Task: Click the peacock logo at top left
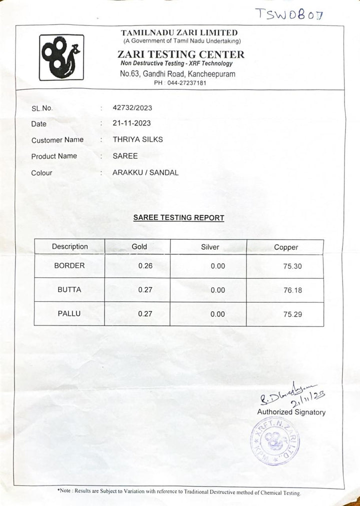click(x=61, y=57)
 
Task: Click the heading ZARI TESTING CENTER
click(x=180, y=54)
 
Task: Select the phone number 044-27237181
click(x=186, y=83)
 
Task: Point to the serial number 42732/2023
click(x=132, y=107)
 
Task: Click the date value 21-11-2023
click(x=131, y=123)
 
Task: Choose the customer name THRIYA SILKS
click(x=137, y=139)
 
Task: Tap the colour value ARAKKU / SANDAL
click(x=145, y=172)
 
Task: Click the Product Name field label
click(x=54, y=156)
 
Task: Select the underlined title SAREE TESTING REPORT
click(x=178, y=218)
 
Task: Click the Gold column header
click(x=139, y=246)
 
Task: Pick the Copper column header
click(x=286, y=247)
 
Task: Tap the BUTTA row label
click(x=69, y=290)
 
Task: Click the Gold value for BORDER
click(x=145, y=266)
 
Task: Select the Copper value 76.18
click(x=292, y=290)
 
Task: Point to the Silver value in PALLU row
click(x=217, y=314)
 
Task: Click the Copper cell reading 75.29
click(x=292, y=315)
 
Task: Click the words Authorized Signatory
click(x=291, y=412)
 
